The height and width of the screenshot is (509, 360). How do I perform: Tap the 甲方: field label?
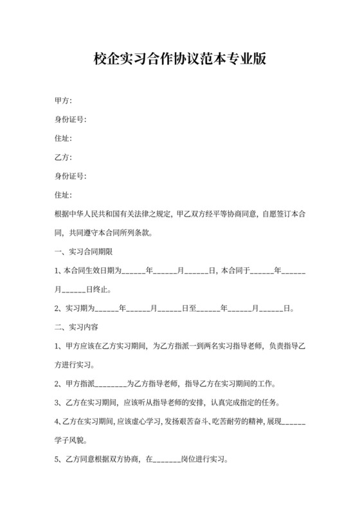(63, 100)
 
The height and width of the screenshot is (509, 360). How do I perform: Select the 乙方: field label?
(63, 157)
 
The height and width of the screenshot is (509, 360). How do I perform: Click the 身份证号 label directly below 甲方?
(70, 119)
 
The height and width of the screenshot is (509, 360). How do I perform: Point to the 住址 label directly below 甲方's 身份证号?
(63, 138)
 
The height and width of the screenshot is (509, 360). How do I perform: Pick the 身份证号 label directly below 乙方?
(70, 175)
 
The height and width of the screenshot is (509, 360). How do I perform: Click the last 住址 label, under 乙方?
(63, 194)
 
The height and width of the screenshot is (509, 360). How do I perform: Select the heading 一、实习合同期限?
(84, 251)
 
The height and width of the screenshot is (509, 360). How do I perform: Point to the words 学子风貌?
(70, 441)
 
